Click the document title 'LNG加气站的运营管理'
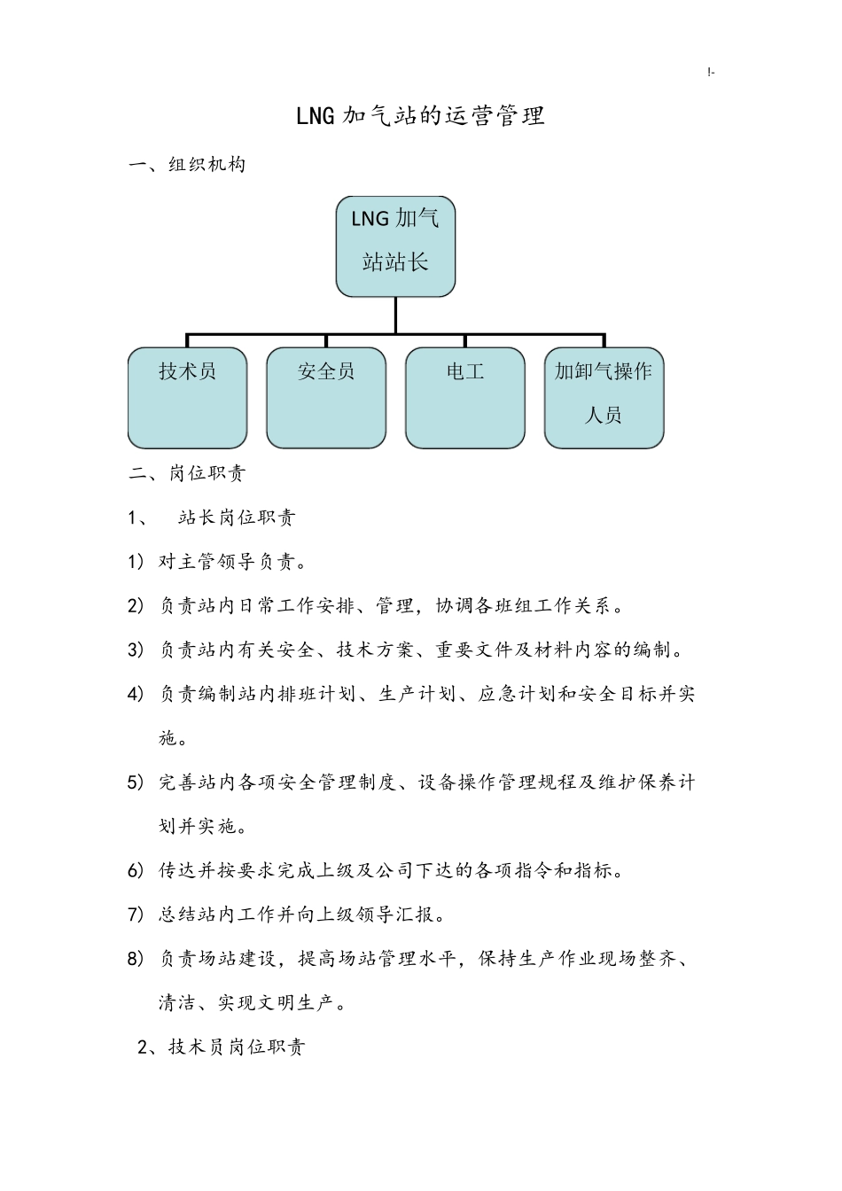(420, 115)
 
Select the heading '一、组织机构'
(187, 164)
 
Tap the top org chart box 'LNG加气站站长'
(395, 245)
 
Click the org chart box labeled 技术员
(187, 397)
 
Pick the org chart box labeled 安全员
(326, 397)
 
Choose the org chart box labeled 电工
(465, 397)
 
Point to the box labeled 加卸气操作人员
(604, 397)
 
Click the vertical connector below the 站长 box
(395, 315)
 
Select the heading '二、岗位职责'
(187, 473)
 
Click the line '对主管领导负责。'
(233, 562)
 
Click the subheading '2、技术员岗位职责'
(222, 1047)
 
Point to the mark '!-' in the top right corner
(712, 73)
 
